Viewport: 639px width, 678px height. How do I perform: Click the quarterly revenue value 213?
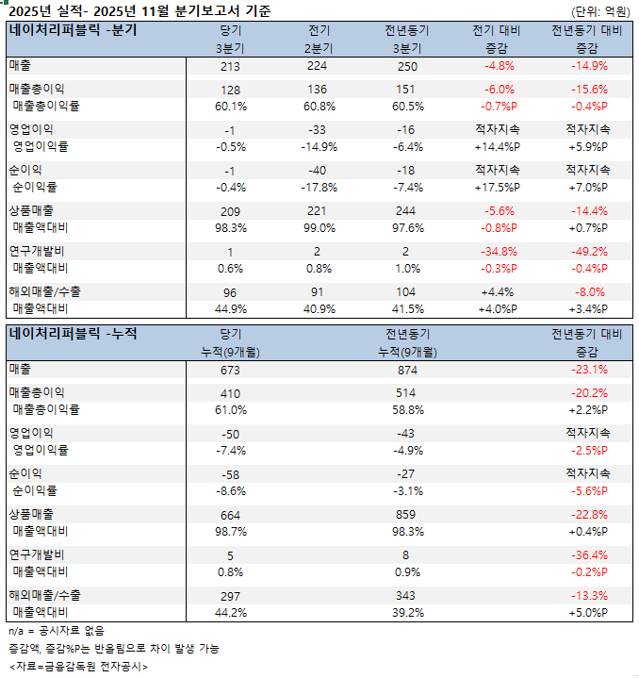pyautogui.click(x=231, y=67)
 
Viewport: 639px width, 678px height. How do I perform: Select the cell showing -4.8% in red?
pyautogui.click(x=499, y=67)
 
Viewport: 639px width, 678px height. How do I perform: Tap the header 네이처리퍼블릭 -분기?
pyautogui.click(x=73, y=30)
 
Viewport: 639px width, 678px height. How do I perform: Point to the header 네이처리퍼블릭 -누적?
pyautogui.click(x=73, y=333)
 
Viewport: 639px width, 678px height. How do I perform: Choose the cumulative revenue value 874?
pyautogui.click(x=408, y=370)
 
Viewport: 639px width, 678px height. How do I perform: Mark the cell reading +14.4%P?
pyautogui.click(x=499, y=147)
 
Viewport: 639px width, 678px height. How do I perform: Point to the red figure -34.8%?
pyautogui.click(x=499, y=251)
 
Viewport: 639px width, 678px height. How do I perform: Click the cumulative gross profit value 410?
pyautogui.click(x=231, y=392)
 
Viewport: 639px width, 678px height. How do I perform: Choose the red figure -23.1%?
pyautogui.click(x=587, y=370)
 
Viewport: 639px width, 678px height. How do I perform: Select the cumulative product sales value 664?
pyautogui.click(x=231, y=514)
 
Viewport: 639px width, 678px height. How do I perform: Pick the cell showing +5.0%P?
pyautogui.click(x=587, y=613)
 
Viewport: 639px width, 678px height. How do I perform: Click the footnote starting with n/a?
pyautogui.click(x=56, y=631)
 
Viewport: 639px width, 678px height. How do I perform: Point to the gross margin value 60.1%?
pyautogui.click(x=231, y=107)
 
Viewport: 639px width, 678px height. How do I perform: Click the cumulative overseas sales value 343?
pyautogui.click(x=408, y=595)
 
